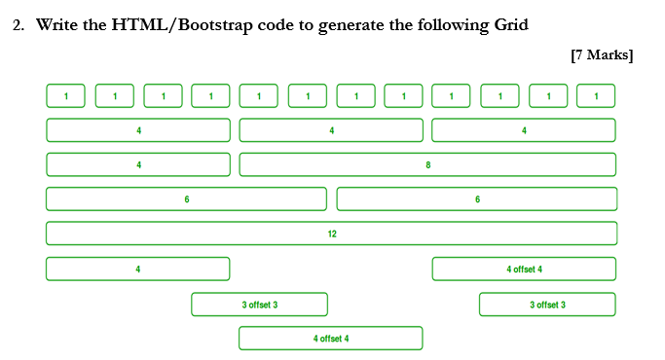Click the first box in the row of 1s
66,95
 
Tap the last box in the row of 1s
596,95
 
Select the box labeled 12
331,234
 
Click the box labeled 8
427,164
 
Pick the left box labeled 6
186,199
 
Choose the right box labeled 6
476,199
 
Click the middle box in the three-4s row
331,129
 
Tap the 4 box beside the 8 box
138,164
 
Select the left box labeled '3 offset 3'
259,305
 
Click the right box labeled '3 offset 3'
547,305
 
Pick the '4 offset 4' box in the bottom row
331,339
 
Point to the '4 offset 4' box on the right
524,269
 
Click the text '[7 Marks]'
602,54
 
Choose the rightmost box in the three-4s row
524,129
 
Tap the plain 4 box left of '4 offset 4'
138,269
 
